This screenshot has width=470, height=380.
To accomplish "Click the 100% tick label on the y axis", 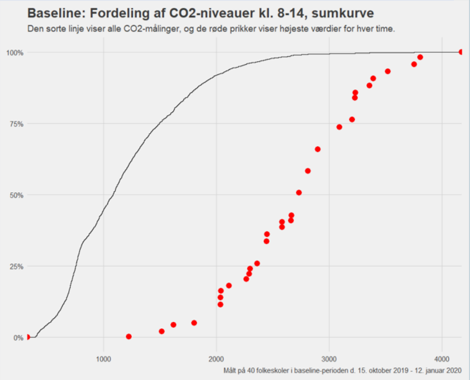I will pos(14,52).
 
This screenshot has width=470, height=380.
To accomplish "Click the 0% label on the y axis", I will pos(18,338).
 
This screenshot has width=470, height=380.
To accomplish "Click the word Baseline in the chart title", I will pos(54,13).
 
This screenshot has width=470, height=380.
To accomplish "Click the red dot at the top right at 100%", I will pos(461,52).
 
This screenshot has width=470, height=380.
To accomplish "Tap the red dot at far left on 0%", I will pos(27,337).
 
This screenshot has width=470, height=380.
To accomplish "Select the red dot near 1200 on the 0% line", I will pos(129,337).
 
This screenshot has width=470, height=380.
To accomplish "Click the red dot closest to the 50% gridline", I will pos(299,193).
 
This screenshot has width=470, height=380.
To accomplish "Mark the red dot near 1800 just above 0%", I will pos(194,323).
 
